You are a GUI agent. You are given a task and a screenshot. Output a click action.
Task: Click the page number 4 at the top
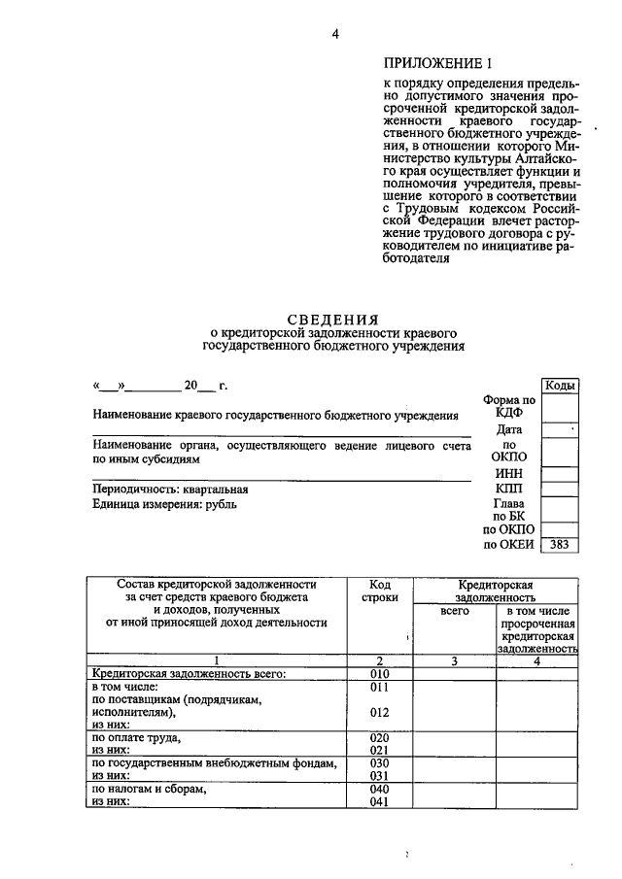point(334,36)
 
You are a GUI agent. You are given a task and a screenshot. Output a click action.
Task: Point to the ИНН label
point(509,472)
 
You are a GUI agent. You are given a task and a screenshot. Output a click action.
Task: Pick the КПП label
point(509,488)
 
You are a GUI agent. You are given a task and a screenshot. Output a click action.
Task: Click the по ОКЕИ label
point(509,545)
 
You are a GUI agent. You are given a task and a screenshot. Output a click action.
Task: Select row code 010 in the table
point(380,673)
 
